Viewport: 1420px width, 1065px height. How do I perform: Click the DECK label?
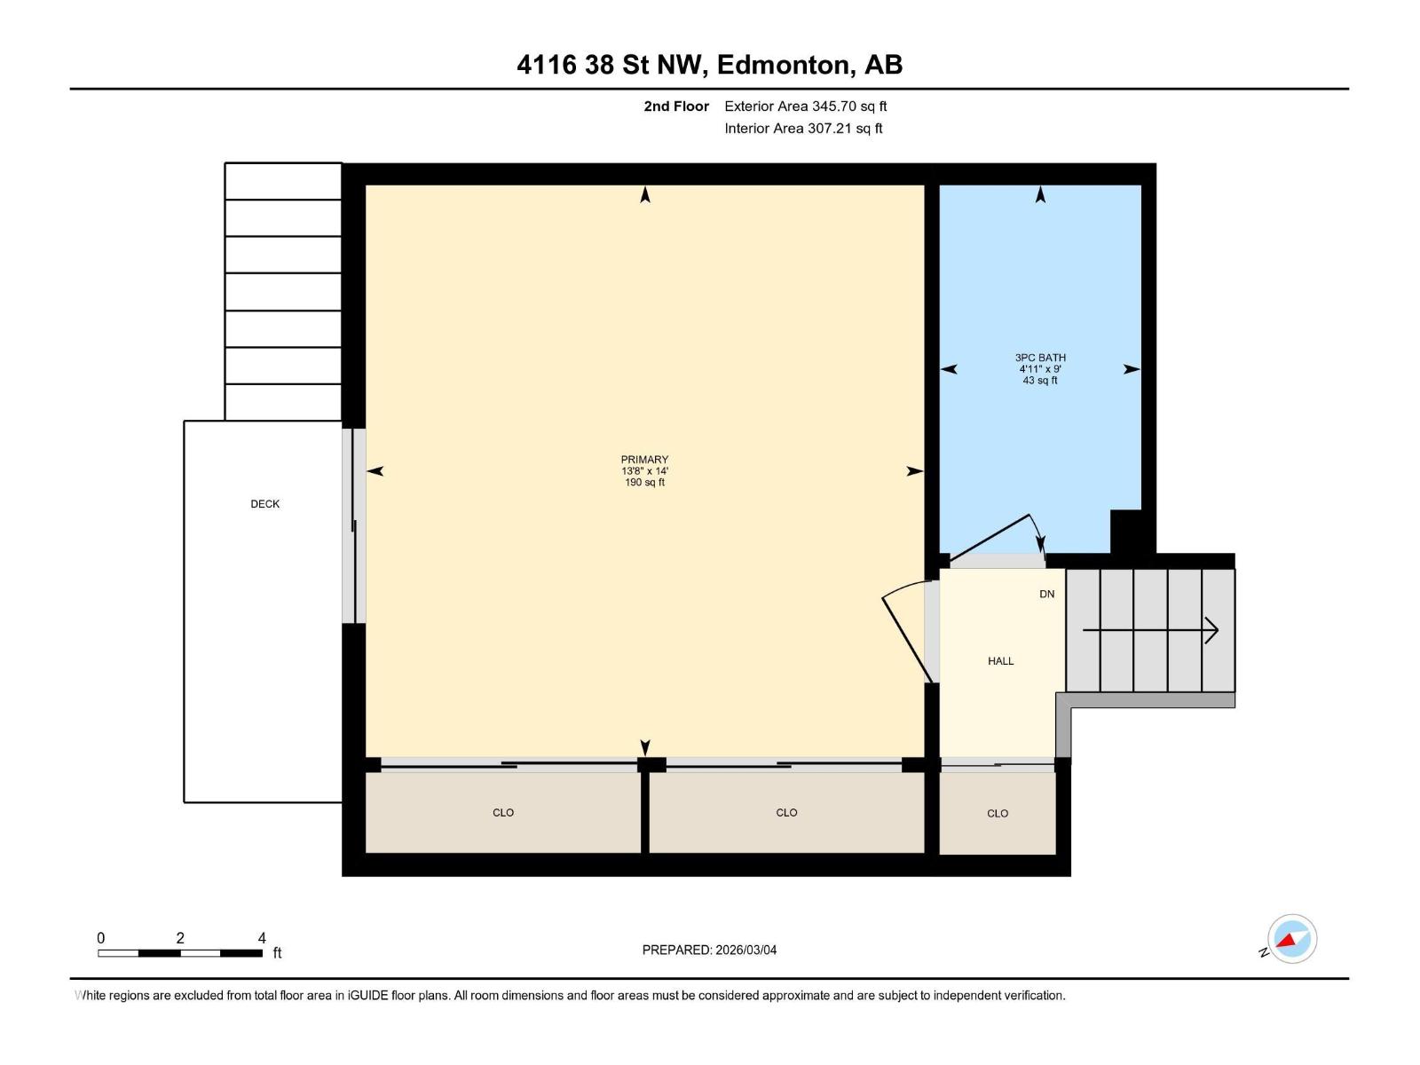264,504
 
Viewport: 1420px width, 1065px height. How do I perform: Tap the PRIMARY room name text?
644,460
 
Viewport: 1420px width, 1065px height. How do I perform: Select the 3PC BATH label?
1040,358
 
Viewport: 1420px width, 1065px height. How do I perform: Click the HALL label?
1000,661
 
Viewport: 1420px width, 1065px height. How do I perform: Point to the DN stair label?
1047,594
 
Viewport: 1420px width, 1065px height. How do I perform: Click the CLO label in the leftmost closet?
503,813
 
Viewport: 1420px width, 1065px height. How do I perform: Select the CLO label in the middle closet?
786,813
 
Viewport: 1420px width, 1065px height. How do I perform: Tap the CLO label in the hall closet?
998,814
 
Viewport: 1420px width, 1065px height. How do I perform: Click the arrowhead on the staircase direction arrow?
1213,631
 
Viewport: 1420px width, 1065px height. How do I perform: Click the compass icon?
1291,938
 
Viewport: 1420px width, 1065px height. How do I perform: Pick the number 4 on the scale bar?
262,938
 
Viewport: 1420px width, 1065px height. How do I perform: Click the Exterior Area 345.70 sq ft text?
805,106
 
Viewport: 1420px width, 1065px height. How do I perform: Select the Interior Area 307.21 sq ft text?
803,129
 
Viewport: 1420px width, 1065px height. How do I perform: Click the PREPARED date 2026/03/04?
745,950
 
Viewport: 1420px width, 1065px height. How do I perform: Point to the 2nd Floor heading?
676,106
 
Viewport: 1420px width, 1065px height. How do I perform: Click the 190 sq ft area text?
644,483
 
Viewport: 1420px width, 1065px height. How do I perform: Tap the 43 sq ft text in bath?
1040,381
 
